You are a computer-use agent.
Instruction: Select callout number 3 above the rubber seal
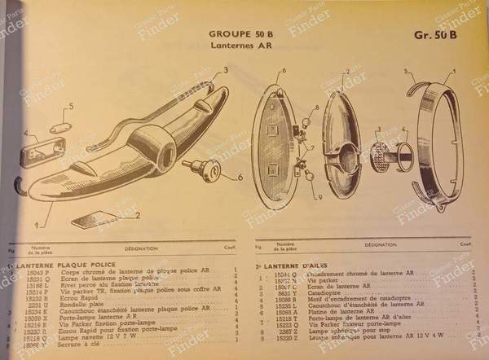(213, 71)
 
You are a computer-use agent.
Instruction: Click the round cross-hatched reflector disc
(380, 154)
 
